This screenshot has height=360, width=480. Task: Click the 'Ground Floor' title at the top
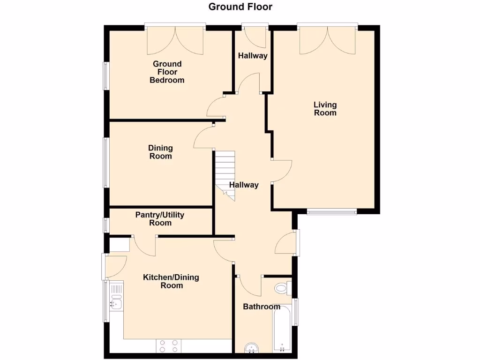tap(240, 7)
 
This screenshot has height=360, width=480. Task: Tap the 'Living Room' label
tap(325, 109)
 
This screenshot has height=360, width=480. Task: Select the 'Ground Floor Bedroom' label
tap(167, 72)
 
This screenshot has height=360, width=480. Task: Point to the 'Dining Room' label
tap(160, 152)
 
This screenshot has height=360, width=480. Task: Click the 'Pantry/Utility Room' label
tap(160, 219)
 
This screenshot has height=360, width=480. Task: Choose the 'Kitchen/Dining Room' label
tap(171, 281)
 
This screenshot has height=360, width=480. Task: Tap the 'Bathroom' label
tap(261, 307)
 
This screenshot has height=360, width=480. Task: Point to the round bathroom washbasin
tap(252, 348)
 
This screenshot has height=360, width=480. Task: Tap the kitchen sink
tap(115, 304)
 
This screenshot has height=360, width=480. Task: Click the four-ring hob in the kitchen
tap(169, 346)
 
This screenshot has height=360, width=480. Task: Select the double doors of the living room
tap(328, 40)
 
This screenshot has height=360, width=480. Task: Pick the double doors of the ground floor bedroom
tap(175, 40)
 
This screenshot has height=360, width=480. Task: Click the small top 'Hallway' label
tap(253, 56)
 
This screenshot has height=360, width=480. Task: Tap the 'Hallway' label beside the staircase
tap(244, 185)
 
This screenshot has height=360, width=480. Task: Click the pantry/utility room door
tap(144, 245)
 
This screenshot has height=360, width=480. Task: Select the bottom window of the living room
tap(332, 211)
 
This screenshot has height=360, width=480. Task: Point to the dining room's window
tap(106, 163)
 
